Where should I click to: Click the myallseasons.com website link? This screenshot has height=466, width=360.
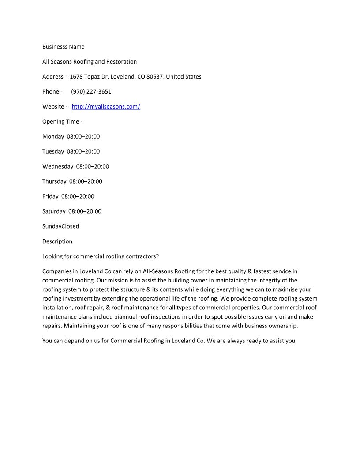point(106,107)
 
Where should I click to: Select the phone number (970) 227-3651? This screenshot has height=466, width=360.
point(91,92)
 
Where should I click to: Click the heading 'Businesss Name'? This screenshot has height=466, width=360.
point(63,47)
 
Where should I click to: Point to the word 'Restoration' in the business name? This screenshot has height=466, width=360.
point(121,62)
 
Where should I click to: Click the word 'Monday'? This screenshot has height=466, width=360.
point(53,137)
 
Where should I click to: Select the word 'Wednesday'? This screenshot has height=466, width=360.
point(58,167)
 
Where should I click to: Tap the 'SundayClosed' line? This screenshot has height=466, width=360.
point(60,226)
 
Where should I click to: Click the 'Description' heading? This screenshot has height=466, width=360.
point(57,241)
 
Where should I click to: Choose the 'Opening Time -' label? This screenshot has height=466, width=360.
point(62,122)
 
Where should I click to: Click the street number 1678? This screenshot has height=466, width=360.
point(76,77)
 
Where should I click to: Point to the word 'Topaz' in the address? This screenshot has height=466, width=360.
point(92,77)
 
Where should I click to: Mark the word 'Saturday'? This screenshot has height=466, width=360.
point(54,211)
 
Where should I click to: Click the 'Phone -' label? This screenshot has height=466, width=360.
point(52,92)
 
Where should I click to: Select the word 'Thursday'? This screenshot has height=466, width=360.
point(54,181)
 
